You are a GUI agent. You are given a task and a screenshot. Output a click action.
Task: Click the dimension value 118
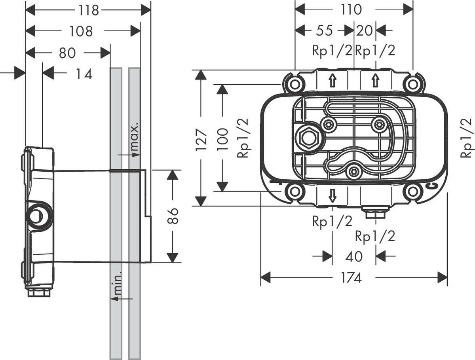click(x=88, y=10)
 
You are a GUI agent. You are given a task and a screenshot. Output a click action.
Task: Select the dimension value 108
click(x=81, y=31)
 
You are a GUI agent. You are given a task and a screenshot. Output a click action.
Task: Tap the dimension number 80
click(x=67, y=53)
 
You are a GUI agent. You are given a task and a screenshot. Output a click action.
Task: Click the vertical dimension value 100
click(x=223, y=138)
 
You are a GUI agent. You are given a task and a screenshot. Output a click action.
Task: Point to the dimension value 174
click(x=351, y=278)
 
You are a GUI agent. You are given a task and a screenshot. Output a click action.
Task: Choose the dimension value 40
click(x=353, y=256)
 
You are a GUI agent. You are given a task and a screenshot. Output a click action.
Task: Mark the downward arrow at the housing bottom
click(x=332, y=194)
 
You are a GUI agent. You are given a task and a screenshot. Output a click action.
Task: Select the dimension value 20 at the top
click(x=365, y=30)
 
